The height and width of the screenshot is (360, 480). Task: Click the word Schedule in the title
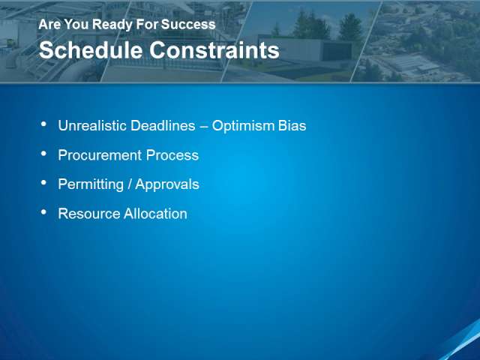point(91,50)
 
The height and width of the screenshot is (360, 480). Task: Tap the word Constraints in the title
point(214,50)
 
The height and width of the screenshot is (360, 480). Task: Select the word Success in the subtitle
point(188,24)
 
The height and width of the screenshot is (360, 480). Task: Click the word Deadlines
point(163,125)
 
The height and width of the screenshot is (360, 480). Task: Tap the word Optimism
point(243,125)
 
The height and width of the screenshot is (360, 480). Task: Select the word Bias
point(292,125)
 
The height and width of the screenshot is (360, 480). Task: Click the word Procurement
point(100,155)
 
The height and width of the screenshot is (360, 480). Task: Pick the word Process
point(172,155)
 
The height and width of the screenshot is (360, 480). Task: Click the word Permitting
point(91,184)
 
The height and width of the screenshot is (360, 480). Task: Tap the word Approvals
point(167,184)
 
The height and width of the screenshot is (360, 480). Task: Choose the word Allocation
point(155,214)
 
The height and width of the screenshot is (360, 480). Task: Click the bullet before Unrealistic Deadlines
point(43,124)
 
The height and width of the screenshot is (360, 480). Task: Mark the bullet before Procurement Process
point(43,153)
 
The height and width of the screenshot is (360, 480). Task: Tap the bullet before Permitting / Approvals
point(43,183)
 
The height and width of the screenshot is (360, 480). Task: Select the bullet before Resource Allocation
point(43,211)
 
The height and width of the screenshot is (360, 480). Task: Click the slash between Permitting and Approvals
point(130,184)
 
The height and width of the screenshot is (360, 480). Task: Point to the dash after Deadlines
point(203,126)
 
